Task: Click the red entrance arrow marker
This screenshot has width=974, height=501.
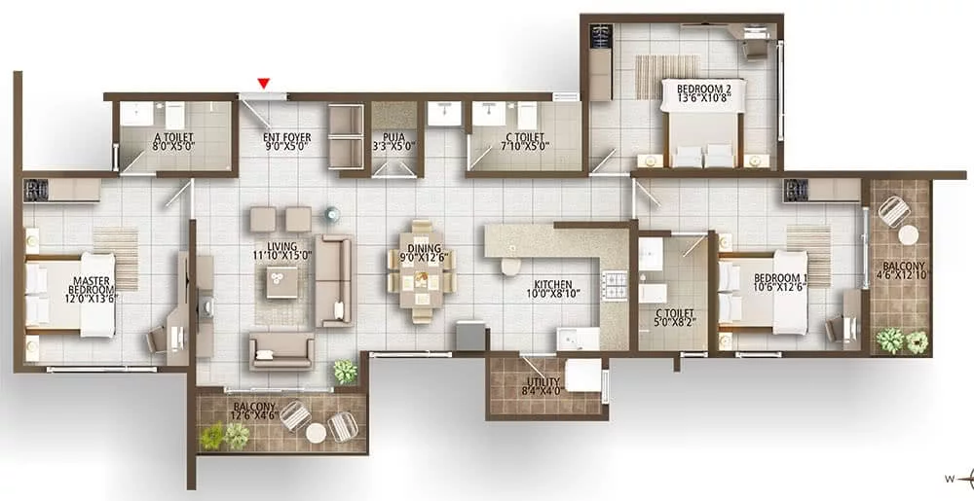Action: coord(264,83)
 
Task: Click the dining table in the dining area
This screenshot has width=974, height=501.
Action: coord(421,271)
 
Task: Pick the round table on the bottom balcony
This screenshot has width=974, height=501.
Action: coord(317,433)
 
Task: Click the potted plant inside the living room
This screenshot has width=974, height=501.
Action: coord(346,372)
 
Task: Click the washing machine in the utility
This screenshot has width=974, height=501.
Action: coord(582,376)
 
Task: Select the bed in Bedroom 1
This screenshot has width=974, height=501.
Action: coord(764,293)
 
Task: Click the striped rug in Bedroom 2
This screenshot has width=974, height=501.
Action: coord(667,77)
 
